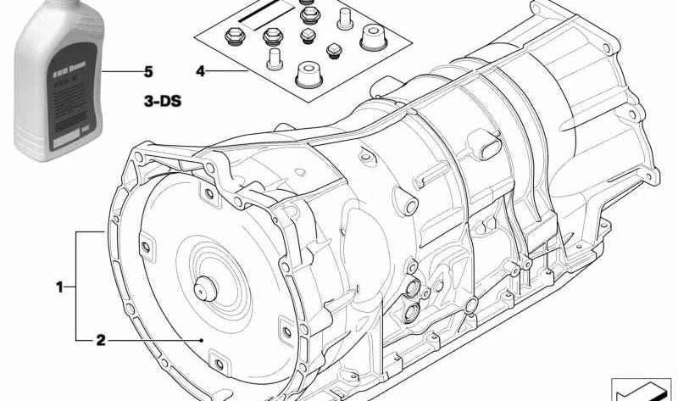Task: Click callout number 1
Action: [x=60, y=287]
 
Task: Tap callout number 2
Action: [x=101, y=341]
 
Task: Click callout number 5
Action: [x=148, y=71]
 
